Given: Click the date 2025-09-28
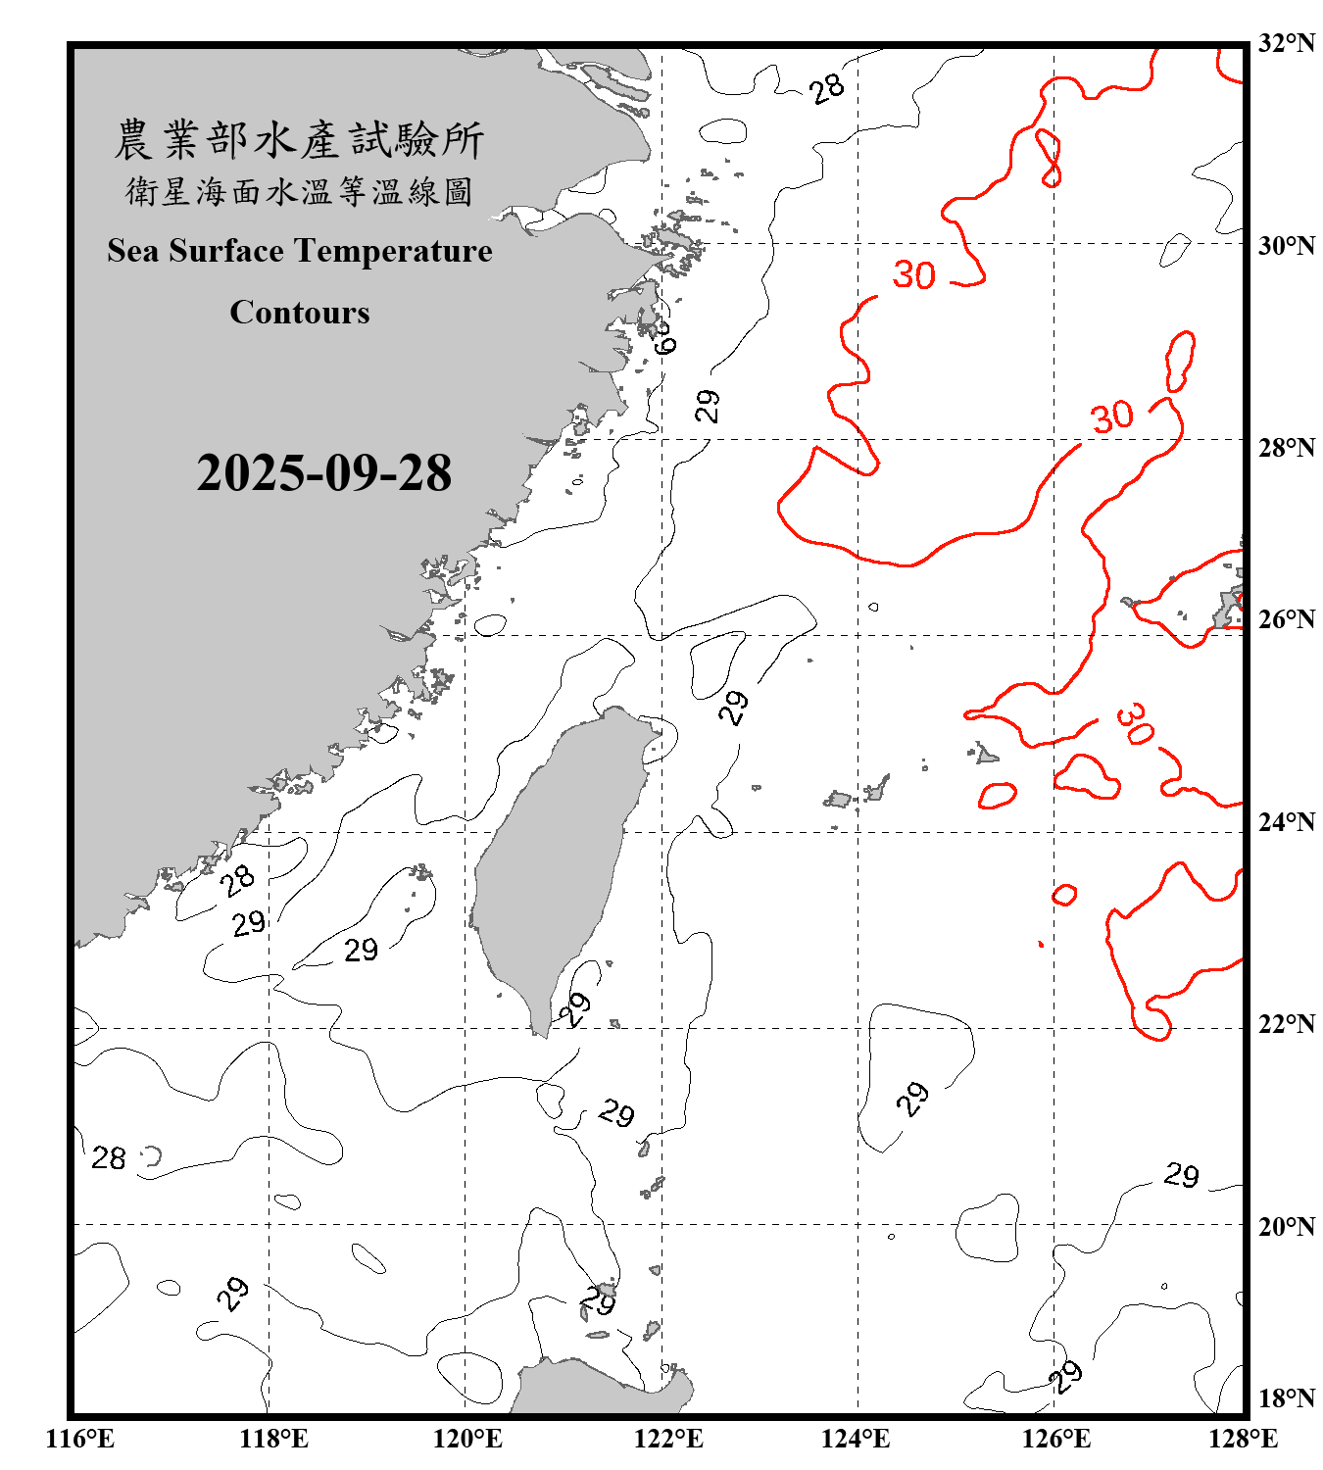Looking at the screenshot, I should click(323, 473).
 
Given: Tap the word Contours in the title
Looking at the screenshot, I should click(300, 313).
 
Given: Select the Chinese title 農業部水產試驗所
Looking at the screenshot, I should click(299, 140).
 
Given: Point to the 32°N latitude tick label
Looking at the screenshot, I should click(1286, 43).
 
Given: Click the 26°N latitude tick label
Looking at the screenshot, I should click(1286, 619).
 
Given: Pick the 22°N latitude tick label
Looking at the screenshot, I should click(1286, 1024).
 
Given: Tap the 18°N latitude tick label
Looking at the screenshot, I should click(1286, 1398).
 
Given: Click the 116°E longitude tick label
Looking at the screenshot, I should click(79, 1439).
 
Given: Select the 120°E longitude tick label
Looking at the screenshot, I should click(467, 1439).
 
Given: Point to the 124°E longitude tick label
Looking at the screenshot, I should click(856, 1439).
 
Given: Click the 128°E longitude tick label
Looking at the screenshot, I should click(1243, 1439).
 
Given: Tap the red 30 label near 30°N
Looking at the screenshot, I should click(913, 275).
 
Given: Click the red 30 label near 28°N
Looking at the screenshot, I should click(1112, 417).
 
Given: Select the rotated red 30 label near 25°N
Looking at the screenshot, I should click(1135, 723).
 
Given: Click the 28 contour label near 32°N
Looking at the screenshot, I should click(827, 88).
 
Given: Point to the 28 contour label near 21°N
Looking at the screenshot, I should click(109, 1158).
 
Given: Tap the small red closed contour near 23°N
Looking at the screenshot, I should click(1064, 894).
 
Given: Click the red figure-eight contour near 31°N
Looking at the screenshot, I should click(1049, 158).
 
